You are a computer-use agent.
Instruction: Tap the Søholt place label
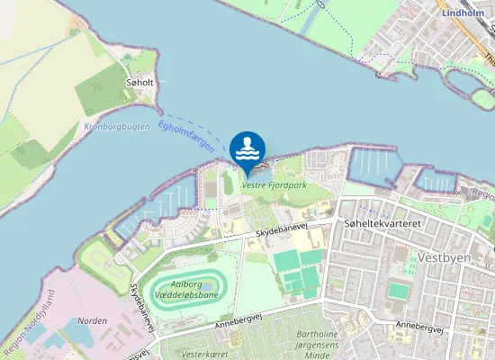tap(140, 82)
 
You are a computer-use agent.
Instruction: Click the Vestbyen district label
tap(444, 257)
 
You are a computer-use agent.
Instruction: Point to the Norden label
tap(93, 320)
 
